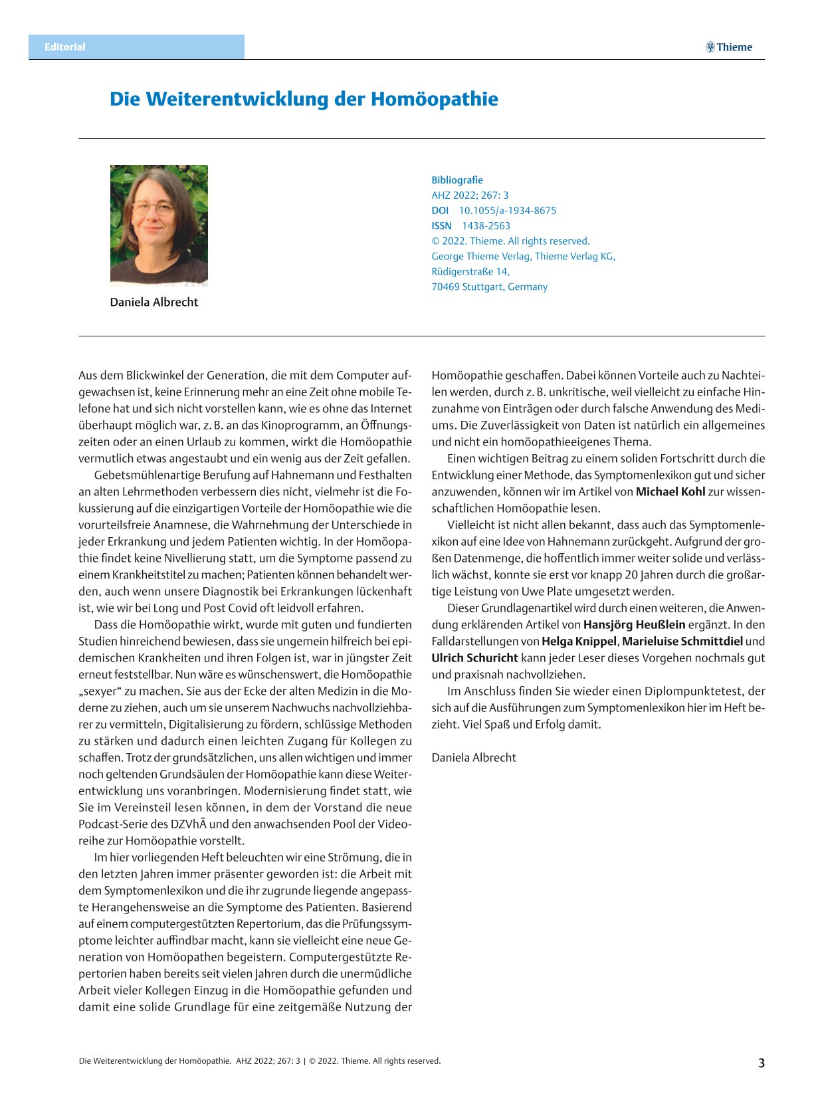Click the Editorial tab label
(x=65, y=47)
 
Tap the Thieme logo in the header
(x=729, y=47)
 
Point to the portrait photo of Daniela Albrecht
(x=159, y=225)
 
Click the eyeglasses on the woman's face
(x=154, y=209)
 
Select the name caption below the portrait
(x=154, y=302)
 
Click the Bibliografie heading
(x=457, y=180)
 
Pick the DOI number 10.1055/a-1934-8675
(x=508, y=211)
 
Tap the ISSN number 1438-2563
(x=486, y=226)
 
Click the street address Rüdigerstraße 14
(x=470, y=271)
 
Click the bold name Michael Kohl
(x=670, y=492)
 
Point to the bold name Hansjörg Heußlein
(x=634, y=625)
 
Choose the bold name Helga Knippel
(x=579, y=642)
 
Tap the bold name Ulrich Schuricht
(x=474, y=658)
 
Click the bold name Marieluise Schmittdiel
(x=682, y=642)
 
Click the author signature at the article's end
(x=474, y=758)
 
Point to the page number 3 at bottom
(x=762, y=1063)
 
